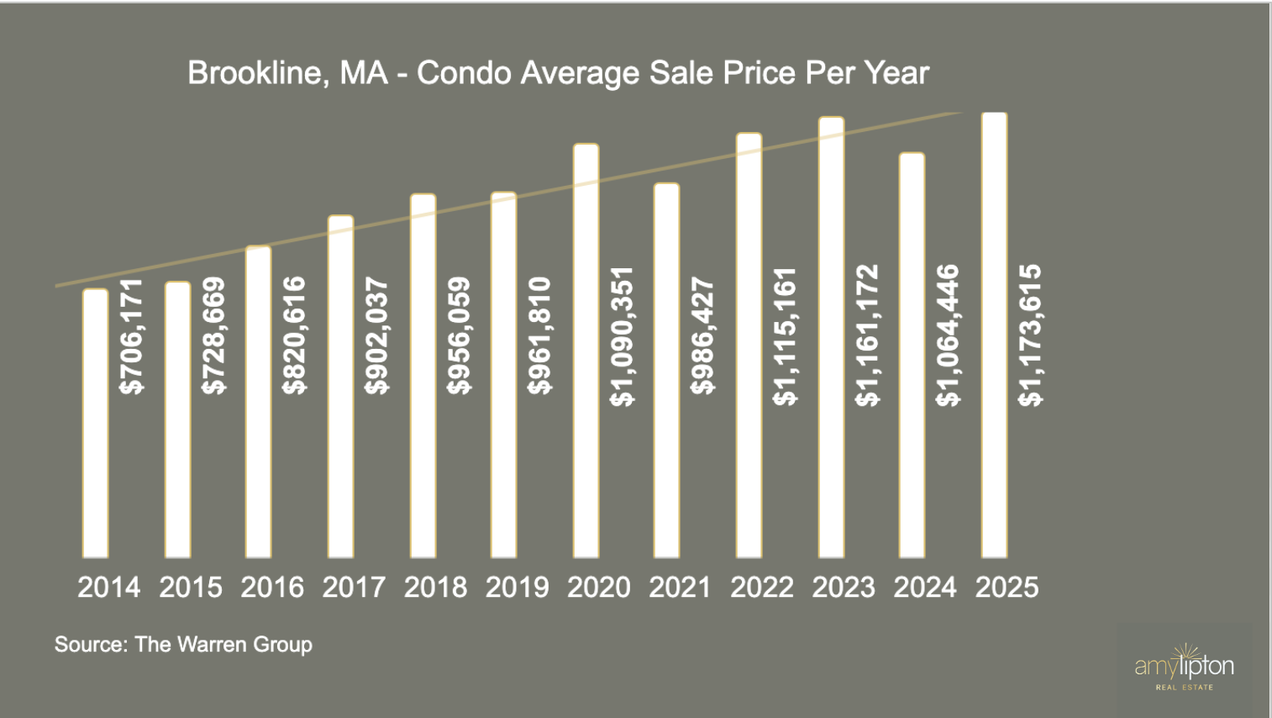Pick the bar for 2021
[x=666, y=370]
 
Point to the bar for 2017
[x=340, y=386]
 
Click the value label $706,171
[x=132, y=336]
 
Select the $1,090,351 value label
[x=623, y=336]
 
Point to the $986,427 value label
[x=703, y=336]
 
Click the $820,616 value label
[x=295, y=336]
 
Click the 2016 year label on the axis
[x=272, y=587]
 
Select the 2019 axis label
[x=517, y=587]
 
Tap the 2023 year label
[x=844, y=587]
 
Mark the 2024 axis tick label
[x=925, y=587]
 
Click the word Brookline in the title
[x=255, y=73]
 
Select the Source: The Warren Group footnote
[x=183, y=645]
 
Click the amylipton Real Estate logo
[x=1184, y=669]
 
